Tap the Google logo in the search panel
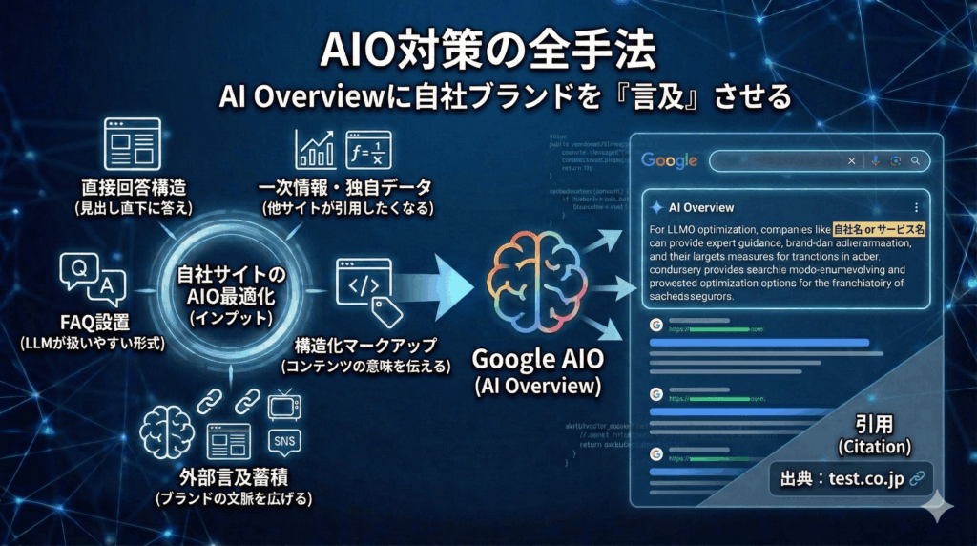[670, 160]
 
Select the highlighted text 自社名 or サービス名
[880, 230]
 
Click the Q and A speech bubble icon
[93, 275]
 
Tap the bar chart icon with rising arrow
[315, 149]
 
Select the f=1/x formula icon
[368, 149]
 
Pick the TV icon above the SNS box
[284, 407]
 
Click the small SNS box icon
[284, 441]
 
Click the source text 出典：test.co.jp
[841, 478]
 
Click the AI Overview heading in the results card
[701, 207]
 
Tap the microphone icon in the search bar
[874, 160]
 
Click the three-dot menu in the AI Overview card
[916, 207]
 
